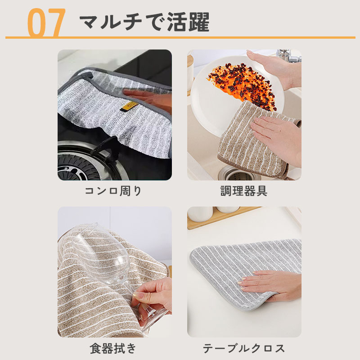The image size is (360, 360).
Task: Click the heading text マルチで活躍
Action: click(144, 22)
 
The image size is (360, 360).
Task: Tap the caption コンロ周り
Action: click(113, 191)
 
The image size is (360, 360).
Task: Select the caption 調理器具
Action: click(244, 191)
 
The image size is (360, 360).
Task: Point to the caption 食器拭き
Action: click(113, 348)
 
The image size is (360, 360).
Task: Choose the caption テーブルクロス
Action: click(244, 348)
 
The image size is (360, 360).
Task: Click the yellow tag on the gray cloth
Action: click(129, 106)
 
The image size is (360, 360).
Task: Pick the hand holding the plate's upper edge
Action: click(275, 69)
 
